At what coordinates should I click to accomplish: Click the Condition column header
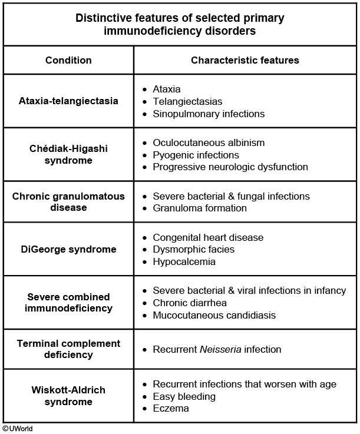(68, 60)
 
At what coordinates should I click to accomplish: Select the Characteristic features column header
(245, 60)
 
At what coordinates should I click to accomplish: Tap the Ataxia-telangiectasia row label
(68, 101)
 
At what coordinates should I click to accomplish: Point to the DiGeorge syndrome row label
(68, 249)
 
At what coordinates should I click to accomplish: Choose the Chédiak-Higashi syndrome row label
(68, 154)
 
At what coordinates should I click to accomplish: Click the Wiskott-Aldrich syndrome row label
(68, 396)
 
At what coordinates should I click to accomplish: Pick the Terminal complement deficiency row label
(68, 349)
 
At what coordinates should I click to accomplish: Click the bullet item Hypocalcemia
(184, 261)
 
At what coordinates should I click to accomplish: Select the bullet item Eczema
(171, 408)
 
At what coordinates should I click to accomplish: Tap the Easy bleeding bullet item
(184, 396)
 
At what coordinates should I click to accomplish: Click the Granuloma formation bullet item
(200, 208)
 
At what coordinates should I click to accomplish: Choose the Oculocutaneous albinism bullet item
(209, 143)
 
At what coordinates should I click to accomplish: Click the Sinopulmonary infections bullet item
(209, 114)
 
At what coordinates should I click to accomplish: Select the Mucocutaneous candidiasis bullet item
(214, 315)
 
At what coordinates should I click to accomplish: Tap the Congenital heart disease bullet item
(208, 237)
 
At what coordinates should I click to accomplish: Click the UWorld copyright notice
(17, 429)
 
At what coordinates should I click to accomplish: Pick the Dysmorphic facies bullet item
(193, 249)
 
